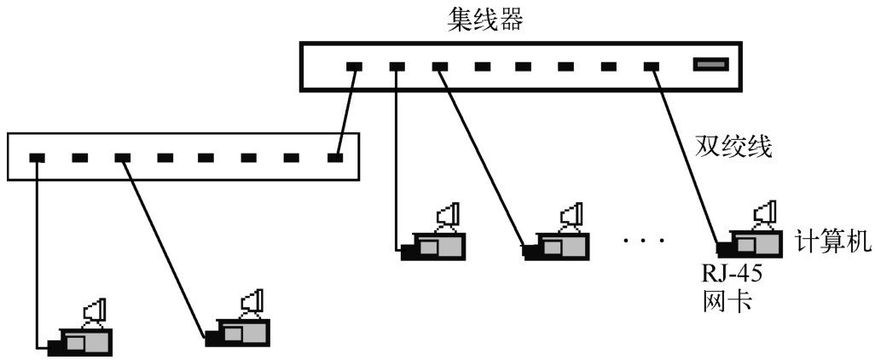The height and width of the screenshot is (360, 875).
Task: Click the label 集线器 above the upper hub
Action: point(485,19)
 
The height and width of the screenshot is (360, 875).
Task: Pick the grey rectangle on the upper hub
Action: point(710,64)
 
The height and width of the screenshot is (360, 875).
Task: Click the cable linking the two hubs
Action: point(345,112)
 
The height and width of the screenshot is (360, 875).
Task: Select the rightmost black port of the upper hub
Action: point(652,66)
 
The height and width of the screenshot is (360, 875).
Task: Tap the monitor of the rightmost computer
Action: point(765,212)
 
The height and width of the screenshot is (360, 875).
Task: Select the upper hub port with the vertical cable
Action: point(397,66)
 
